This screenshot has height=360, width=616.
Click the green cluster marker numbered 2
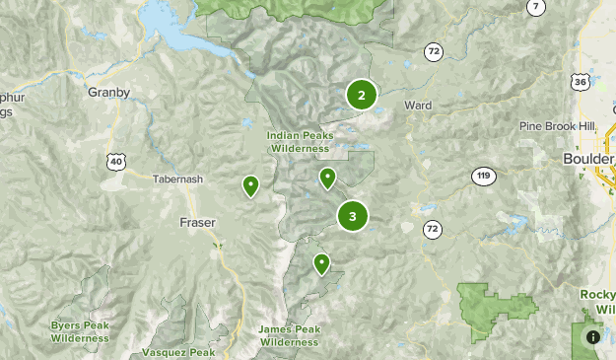coord(362,95)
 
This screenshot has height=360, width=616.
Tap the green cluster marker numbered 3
coord(353,216)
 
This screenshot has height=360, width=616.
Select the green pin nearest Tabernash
coord(251,184)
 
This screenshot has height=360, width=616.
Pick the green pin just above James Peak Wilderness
coord(321,263)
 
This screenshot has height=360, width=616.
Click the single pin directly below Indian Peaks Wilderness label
coord(327,178)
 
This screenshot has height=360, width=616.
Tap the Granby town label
coord(108,93)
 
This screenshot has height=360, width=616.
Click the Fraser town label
coord(197,223)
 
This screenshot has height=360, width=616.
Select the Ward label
coord(418,105)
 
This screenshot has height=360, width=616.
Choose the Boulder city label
coord(587,158)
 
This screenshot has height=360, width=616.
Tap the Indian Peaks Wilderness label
coord(300,141)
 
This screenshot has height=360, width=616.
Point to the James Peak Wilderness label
coord(289,335)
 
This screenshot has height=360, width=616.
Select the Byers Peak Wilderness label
coord(82,329)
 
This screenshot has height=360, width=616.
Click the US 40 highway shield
coord(115,160)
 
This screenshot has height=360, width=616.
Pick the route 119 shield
coord(482,177)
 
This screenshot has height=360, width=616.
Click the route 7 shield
coord(535,8)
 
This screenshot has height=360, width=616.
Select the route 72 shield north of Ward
coord(433,51)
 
